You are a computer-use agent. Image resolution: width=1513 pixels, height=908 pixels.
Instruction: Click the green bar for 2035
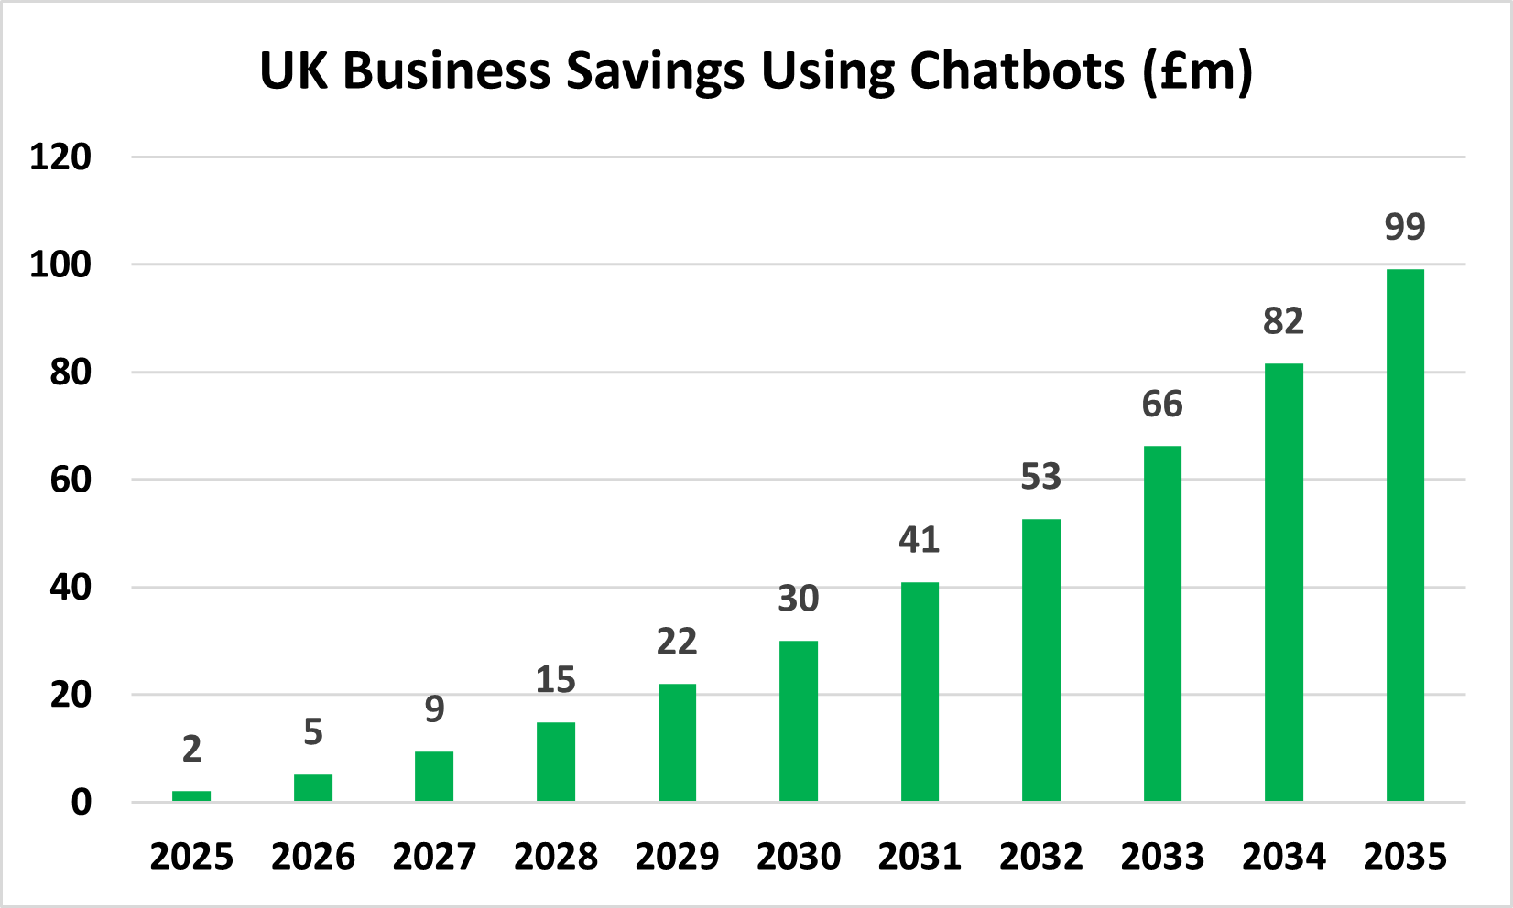(1405, 535)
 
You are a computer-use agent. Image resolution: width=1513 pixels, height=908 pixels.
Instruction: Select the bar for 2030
(798, 721)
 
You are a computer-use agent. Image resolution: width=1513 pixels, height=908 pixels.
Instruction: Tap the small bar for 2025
(191, 795)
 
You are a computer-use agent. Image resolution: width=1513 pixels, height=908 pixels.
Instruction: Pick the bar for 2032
(1040, 660)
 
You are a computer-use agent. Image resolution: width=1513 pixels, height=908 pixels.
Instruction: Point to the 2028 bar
(555, 762)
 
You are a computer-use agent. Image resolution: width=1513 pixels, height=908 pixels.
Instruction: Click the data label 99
(1405, 226)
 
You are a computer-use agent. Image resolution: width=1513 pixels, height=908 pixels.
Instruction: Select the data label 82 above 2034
(1283, 321)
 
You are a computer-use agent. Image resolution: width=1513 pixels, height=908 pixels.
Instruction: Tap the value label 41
(919, 540)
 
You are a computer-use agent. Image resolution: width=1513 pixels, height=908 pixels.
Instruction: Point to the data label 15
(555, 680)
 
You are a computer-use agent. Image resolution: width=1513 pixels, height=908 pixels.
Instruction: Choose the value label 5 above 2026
(313, 732)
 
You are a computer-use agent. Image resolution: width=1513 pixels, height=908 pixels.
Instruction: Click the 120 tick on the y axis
(60, 157)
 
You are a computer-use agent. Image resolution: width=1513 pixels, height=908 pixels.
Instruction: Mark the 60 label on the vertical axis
(71, 480)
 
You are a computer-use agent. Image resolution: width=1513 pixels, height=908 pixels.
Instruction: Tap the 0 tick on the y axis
(82, 803)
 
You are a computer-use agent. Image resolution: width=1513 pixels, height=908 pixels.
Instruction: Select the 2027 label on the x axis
(434, 857)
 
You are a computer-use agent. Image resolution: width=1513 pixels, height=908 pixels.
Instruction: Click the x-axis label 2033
(1162, 857)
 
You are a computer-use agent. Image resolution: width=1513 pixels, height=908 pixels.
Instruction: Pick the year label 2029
(677, 857)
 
